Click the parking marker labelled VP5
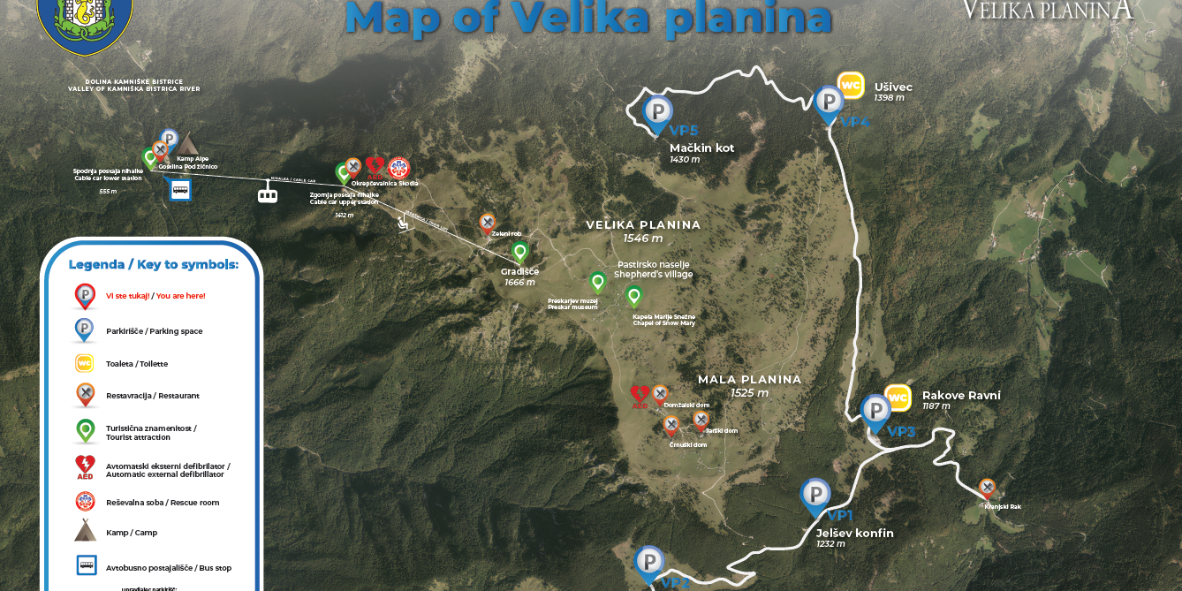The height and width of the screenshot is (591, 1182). click(658, 112)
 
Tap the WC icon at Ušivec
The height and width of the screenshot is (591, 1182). click(850, 85)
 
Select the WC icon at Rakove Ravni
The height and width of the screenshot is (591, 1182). click(898, 398)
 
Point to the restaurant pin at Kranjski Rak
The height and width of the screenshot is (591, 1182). click(987, 487)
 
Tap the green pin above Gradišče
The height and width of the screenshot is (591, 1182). click(519, 251)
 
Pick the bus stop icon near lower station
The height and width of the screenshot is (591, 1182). click(180, 189)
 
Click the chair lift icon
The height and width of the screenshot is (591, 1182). click(404, 222)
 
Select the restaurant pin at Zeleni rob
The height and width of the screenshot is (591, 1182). click(487, 222)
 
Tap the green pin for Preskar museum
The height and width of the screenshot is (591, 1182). click(597, 282)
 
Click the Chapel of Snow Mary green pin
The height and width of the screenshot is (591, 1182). click(633, 294)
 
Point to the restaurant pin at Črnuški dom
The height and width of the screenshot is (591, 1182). click(671, 425)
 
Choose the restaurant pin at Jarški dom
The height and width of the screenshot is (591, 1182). click(701, 419)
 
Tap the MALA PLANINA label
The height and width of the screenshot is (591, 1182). click(749, 380)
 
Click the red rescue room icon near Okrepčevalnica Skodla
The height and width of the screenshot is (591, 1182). click(398, 167)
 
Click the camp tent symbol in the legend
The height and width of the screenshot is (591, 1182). click(85, 531)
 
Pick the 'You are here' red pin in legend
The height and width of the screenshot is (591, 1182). click(85, 294)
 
